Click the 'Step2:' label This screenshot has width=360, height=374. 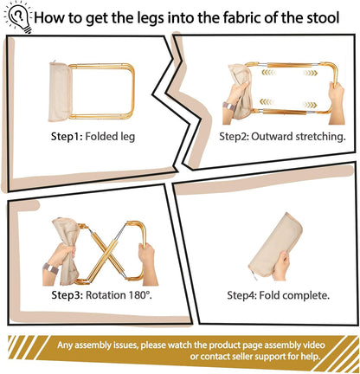[239, 135]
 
